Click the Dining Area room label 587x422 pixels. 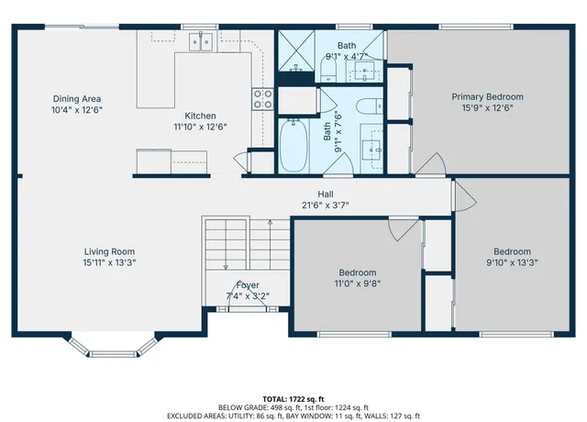point(76,98)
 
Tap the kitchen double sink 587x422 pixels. point(202,40)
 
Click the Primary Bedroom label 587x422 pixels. point(487,96)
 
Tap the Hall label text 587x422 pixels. point(325,194)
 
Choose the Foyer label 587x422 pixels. point(247,285)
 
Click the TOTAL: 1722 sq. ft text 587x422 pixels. point(293,398)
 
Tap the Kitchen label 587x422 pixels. point(200,116)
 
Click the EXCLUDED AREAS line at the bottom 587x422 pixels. point(293,416)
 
